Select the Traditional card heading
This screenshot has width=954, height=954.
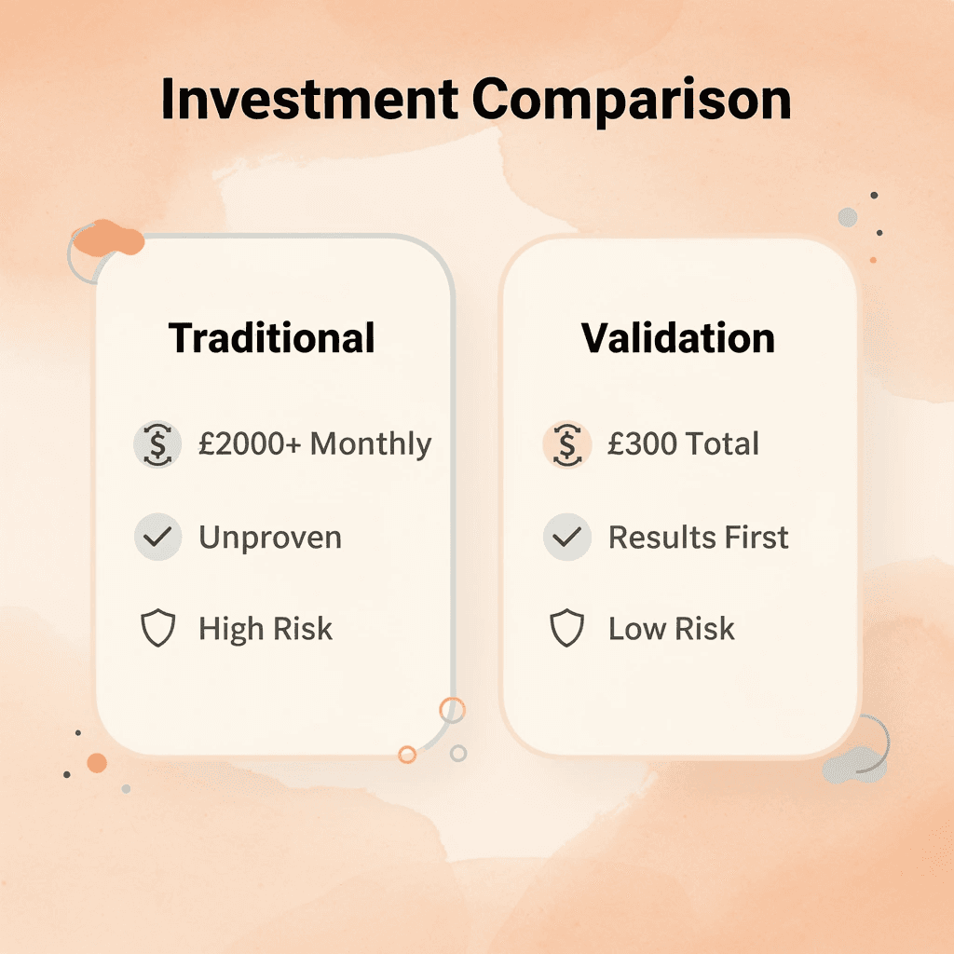[272, 337]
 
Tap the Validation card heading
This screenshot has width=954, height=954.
[678, 337]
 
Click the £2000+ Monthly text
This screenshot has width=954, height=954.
[315, 444]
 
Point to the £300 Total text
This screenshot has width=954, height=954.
[683, 444]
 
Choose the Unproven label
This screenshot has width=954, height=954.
[270, 538]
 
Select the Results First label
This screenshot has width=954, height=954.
[699, 538]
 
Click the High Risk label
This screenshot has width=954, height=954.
[266, 629]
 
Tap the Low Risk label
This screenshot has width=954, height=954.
[672, 629]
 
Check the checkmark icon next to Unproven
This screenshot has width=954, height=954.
[157, 538]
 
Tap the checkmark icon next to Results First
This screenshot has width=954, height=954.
[566, 538]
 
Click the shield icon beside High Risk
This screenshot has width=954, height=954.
[157, 630]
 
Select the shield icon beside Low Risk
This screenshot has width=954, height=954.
[566, 630]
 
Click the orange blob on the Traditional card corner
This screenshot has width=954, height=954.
[107, 240]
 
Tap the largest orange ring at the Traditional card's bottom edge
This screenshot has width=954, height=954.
[452, 709]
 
